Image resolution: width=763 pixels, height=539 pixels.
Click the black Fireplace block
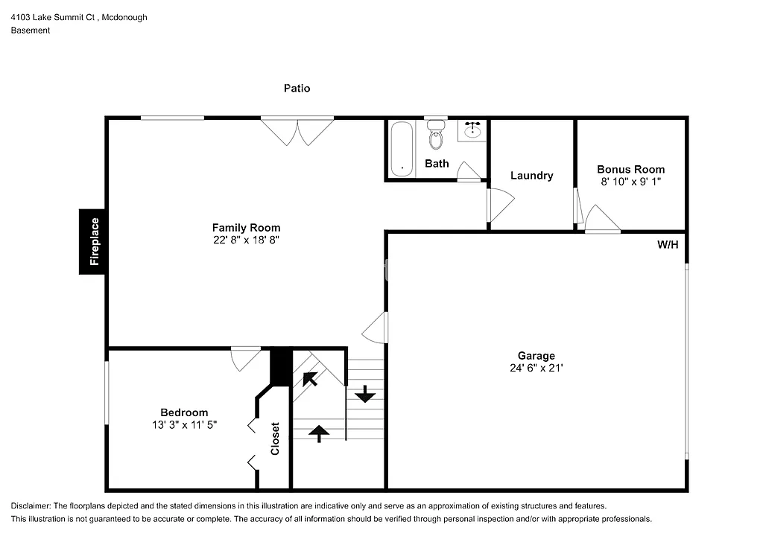click(x=94, y=241)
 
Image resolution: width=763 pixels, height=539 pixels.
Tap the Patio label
click(x=297, y=88)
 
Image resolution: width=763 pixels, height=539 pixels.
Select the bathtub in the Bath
click(x=402, y=148)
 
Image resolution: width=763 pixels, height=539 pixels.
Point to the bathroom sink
click(x=472, y=131)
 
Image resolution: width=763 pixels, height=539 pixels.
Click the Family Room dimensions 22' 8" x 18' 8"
click(x=246, y=240)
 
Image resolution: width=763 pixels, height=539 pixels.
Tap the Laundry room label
click(x=531, y=176)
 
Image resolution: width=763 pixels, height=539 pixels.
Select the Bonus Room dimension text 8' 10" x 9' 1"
click(x=630, y=181)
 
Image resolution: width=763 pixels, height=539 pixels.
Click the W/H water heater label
click(x=668, y=245)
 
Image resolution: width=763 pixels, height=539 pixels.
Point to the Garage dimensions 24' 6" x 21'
click(x=536, y=368)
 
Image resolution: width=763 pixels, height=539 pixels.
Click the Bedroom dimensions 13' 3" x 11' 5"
click(x=184, y=424)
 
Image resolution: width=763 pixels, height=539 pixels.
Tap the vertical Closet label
click(x=275, y=438)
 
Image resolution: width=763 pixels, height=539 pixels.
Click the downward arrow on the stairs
click(x=365, y=394)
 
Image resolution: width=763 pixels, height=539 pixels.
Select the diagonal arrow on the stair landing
click(x=310, y=378)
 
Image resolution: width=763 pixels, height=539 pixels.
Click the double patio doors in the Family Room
click(x=297, y=131)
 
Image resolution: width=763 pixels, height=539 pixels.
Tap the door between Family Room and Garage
click(x=376, y=327)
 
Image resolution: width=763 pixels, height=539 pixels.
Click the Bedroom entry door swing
click(x=244, y=359)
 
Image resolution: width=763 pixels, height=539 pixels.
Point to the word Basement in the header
click(x=31, y=31)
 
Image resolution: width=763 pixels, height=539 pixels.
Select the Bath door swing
click(x=469, y=171)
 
